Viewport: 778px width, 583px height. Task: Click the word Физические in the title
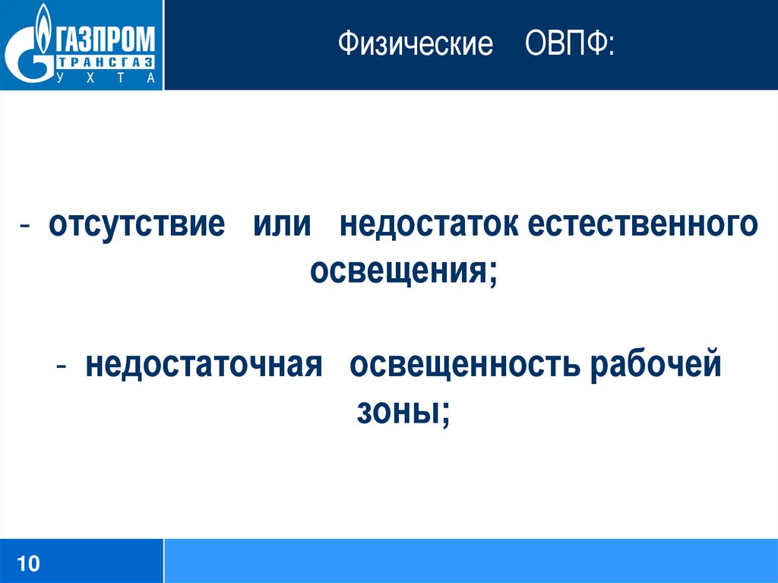(x=416, y=43)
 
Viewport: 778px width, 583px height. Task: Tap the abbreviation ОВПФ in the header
(x=565, y=43)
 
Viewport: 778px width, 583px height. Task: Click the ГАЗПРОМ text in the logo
(x=105, y=40)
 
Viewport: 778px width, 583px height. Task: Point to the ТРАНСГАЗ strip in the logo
(x=105, y=63)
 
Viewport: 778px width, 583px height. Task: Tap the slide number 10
(x=28, y=564)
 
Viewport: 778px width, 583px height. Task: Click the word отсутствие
(x=137, y=223)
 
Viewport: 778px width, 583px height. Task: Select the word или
(x=282, y=224)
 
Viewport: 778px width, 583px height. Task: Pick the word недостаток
(x=429, y=224)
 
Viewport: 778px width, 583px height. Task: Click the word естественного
(x=643, y=224)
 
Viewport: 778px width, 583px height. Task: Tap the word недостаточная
(x=204, y=365)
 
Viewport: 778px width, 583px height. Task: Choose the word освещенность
(x=465, y=365)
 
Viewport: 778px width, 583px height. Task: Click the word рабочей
(x=656, y=364)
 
